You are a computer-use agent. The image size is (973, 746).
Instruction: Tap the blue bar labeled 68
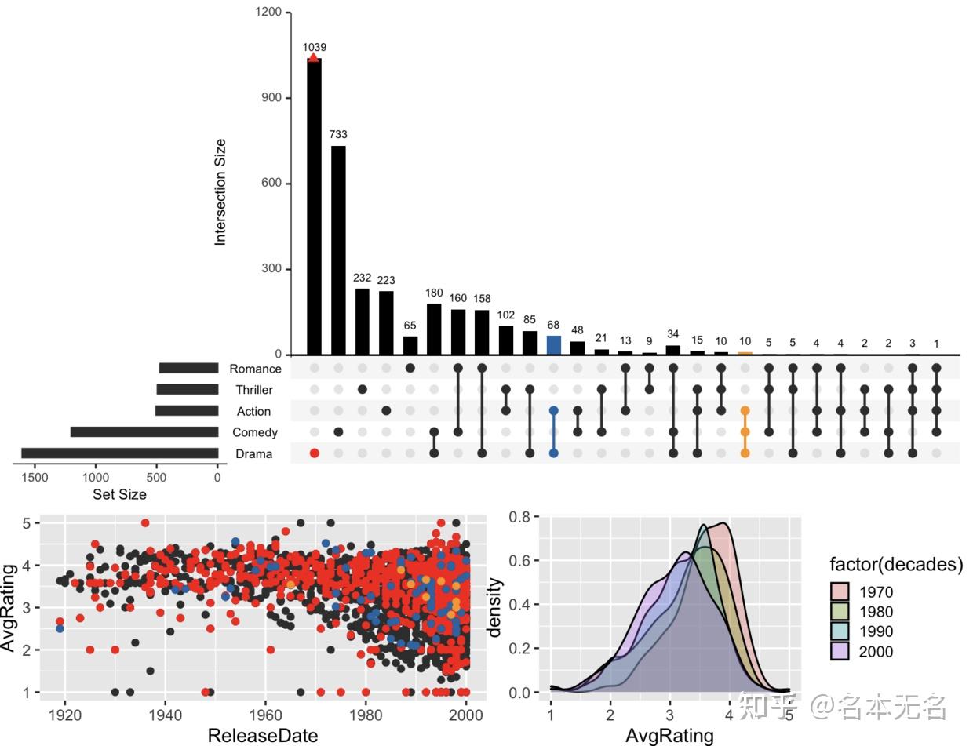pyautogui.click(x=553, y=345)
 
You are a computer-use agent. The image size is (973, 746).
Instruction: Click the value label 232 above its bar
pyautogui.click(x=362, y=278)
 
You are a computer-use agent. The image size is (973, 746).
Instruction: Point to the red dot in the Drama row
pyautogui.click(x=315, y=453)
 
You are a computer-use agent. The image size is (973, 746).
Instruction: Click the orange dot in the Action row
pyautogui.click(x=745, y=411)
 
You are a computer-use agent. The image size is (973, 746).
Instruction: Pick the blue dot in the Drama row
pyautogui.click(x=553, y=453)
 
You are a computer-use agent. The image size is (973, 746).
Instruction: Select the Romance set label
pyautogui.click(x=255, y=369)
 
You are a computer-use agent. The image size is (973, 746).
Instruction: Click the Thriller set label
pyautogui.click(x=254, y=390)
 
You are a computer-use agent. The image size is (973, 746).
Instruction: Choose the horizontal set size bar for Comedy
pyautogui.click(x=144, y=432)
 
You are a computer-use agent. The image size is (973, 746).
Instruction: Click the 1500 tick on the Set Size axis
pyautogui.click(x=35, y=477)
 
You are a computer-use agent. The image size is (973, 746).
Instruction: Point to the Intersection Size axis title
pyautogui.click(x=220, y=192)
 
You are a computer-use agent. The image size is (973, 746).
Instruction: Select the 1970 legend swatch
pyautogui.click(x=840, y=592)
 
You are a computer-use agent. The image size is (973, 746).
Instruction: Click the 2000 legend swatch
pyautogui.click(x=840, y=651)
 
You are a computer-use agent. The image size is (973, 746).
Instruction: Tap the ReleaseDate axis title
pyautogui.click(x=263, y=735)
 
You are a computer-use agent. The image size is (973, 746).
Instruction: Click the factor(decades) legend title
pyautogui.click(x=896, y=564)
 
